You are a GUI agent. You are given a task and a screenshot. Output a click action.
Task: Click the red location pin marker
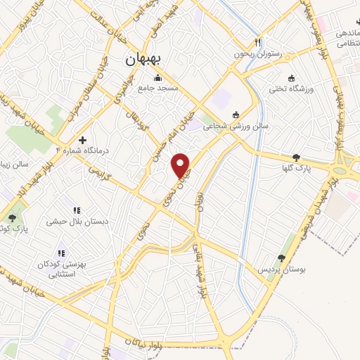click(x=181, y=165)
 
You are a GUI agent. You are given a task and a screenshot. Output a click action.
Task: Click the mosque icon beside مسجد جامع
click(x=157, y=77)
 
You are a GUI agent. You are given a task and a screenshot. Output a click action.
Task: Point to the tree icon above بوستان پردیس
click(x=281, y=259)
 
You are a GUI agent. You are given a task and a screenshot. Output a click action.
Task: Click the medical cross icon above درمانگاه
click(x=83, y=141)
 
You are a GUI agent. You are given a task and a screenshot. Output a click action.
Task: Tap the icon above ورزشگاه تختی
click(x=291, y=77)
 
